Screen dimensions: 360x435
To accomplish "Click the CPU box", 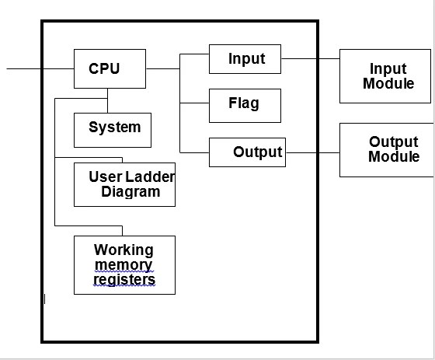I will [109, 68].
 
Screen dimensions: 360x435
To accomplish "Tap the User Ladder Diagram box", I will [124, 184].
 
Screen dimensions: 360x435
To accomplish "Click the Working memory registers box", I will [124, 265].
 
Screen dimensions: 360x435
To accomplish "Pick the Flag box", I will [245, 105].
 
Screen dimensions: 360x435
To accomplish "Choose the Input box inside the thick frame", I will [245, 59].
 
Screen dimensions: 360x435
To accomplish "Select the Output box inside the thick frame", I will [247, 152].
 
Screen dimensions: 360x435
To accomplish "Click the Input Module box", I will [386, 76].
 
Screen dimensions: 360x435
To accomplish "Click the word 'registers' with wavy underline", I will [124, 279].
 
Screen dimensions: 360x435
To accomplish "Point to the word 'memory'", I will [124, 265].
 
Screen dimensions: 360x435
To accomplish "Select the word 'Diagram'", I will [130, 191].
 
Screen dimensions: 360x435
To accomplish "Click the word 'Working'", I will [124, 250].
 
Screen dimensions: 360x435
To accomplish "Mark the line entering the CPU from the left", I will [39, 68].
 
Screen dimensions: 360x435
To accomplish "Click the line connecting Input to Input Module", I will [310, 58].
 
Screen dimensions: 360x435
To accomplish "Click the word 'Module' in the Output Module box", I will [394, 157].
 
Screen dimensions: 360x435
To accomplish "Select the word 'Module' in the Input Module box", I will [388, 83].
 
